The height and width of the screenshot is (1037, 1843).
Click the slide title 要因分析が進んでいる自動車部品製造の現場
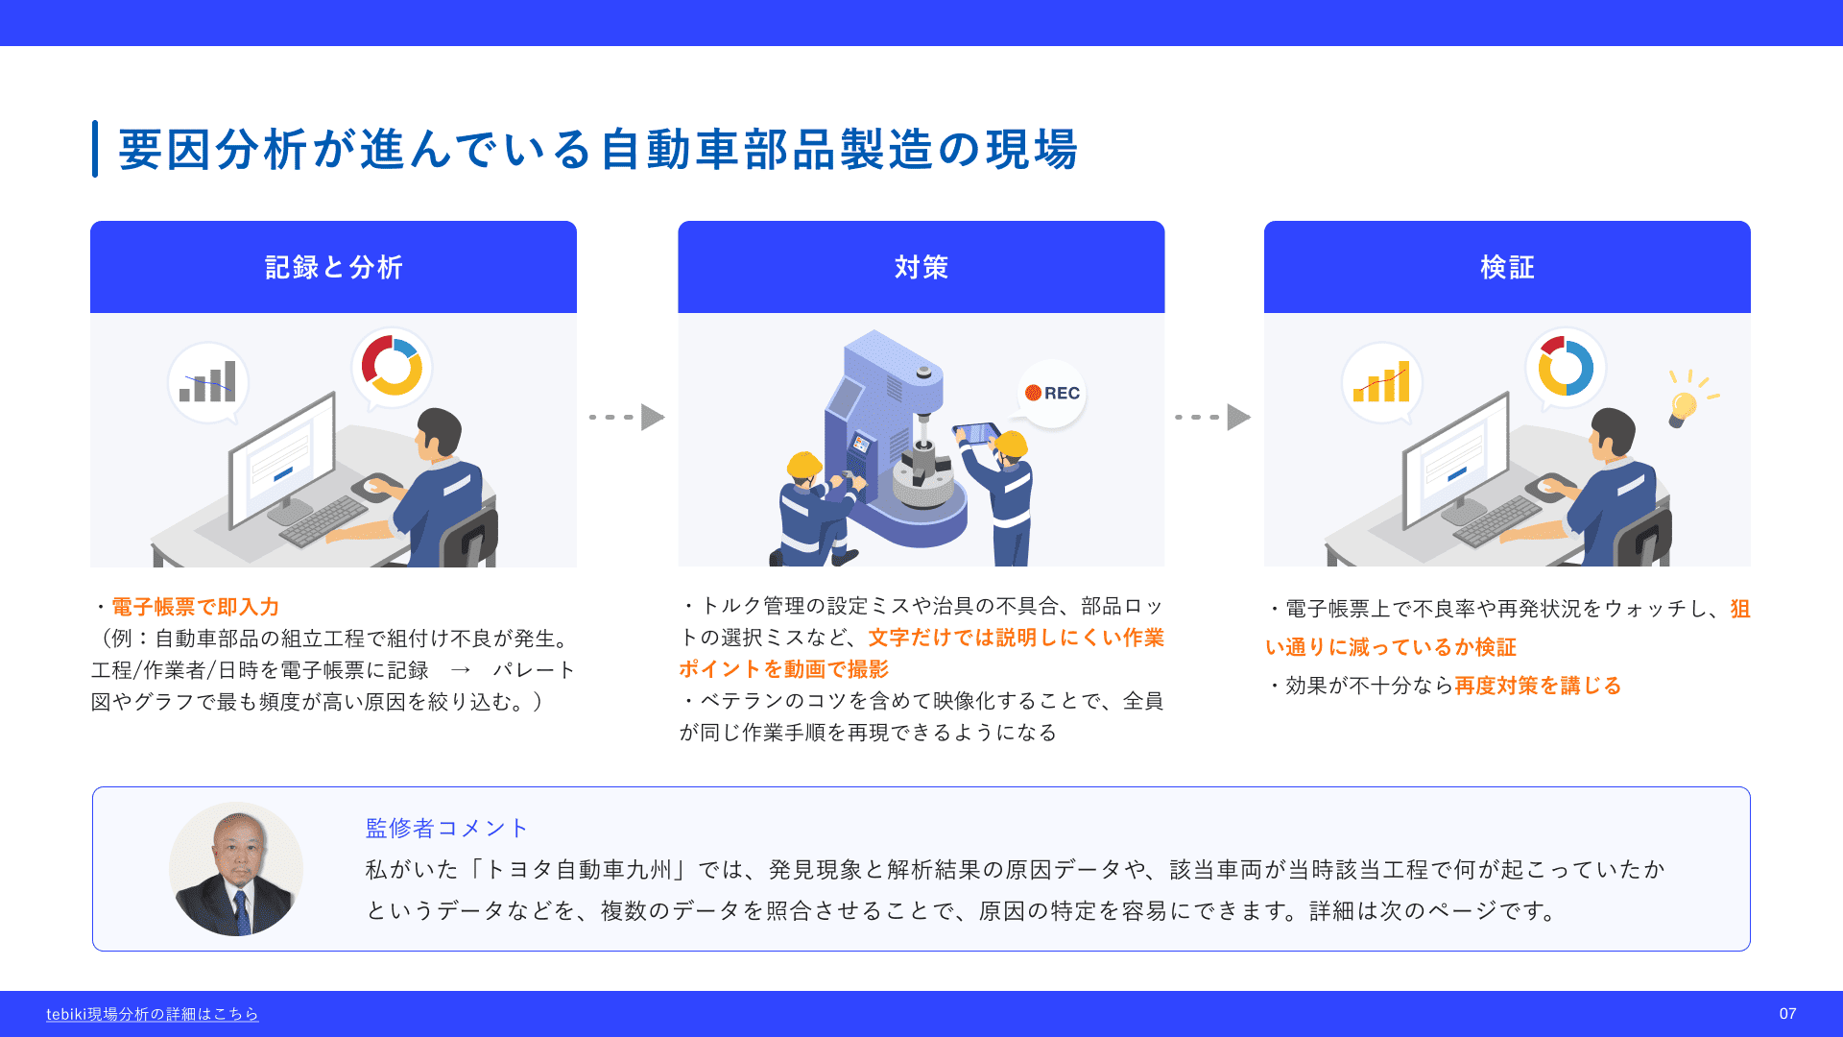[x=598, y=150]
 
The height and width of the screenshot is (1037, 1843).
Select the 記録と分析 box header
[x=333, y=267]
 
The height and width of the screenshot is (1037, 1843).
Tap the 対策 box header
[x=921, y=267]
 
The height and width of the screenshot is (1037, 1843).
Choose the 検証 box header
[x=1507, y=267]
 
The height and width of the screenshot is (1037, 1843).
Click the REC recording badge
[x=1052, y=393]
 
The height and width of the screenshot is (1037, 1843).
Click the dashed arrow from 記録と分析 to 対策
[x=627, y=417]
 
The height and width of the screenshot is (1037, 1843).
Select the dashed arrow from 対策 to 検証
[x=1212, y=417]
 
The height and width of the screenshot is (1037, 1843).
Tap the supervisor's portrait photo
[x=236, y=869]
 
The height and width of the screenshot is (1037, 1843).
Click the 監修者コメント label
[x=446, y=828]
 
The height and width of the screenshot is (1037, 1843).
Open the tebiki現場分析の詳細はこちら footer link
[x=153, y=1014]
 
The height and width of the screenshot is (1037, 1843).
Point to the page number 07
[x=1787, y=1014]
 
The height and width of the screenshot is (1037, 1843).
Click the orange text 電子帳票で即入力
[x=196, y=607]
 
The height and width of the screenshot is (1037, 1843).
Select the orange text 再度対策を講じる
[x=1538, y=686]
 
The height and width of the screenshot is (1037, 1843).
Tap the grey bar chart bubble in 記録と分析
[x=208, y=382]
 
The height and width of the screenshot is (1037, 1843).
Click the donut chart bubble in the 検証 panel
[x=1566, y=368]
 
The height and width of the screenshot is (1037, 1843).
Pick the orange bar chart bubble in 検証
[x=1382, y=383]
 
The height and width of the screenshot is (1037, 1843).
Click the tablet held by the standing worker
[x=976, y=433]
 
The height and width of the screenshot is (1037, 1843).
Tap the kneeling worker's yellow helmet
[x=804, y=466]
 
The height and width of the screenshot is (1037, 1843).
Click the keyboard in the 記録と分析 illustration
[x=323, y=522]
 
